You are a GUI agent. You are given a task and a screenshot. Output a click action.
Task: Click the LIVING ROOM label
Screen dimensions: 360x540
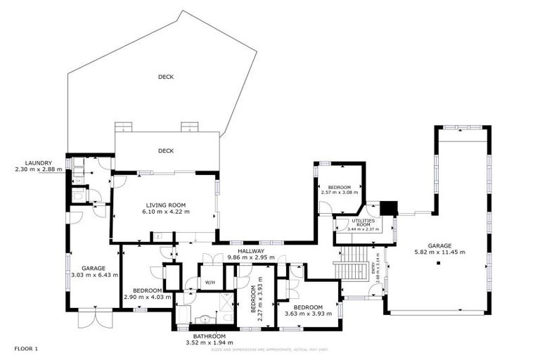(166, 205)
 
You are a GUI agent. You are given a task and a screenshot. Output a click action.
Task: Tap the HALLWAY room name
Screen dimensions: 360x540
(250, 251)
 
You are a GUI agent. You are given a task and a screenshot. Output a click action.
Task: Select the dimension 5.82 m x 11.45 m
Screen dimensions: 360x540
(439, 252)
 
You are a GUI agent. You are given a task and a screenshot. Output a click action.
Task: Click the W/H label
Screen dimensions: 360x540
(210, 283)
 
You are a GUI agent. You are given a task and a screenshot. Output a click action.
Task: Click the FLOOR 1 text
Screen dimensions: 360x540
(25, 348)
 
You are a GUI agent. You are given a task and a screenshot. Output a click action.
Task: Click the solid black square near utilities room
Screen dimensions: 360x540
(388, 209)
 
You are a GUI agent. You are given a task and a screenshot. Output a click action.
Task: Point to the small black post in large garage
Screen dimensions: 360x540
(438, 264)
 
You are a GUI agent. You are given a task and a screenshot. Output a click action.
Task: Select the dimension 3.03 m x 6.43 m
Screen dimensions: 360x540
(93, 275)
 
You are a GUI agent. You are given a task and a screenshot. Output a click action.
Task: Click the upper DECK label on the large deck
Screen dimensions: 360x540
(166, 77)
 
